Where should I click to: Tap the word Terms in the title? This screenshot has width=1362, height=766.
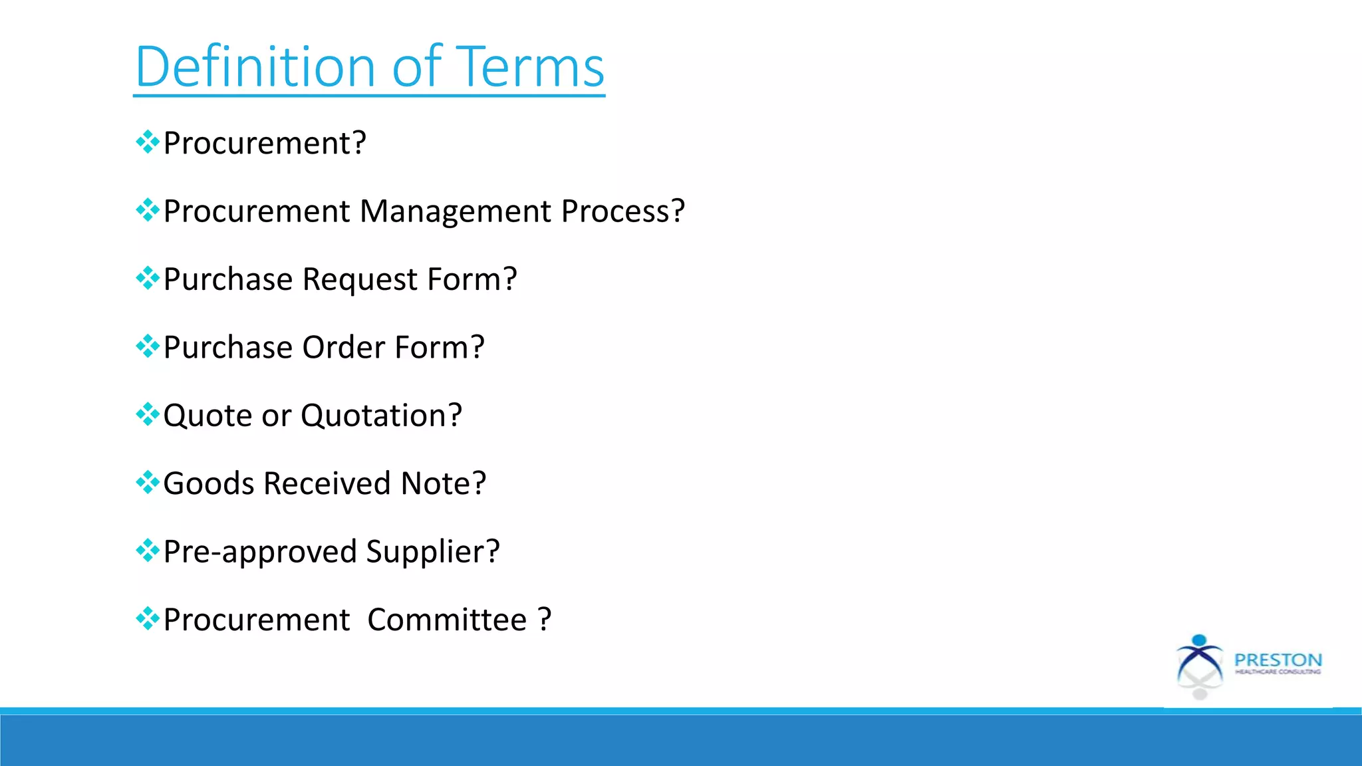[532, 66]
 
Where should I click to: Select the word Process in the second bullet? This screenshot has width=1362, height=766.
[622, 211]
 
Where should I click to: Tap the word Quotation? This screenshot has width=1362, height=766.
[381, 416]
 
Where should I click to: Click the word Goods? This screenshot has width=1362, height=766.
[208, 483]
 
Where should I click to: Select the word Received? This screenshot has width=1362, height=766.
[327, 483]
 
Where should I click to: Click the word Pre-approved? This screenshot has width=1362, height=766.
[260, 552]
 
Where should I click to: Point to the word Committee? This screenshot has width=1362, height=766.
[447, 620]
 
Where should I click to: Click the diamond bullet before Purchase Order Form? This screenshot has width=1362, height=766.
[147, 346]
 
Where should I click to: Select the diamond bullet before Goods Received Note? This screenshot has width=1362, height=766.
[147, 482]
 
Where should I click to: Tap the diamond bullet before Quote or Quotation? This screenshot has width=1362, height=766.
[147, 414]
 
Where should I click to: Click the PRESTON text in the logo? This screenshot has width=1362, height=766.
[1278, 660]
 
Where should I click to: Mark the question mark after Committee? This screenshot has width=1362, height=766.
[545, 620]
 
